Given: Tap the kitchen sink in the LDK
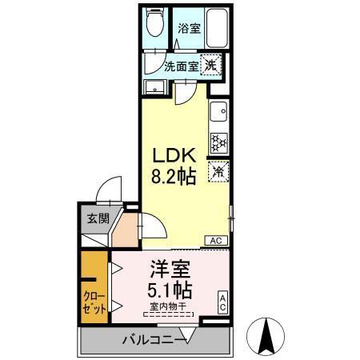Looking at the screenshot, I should click(218, 111).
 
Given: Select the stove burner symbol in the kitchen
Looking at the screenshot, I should click(218, 142).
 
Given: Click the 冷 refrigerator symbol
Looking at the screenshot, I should click(218, 170).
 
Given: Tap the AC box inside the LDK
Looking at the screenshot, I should click(215, 239).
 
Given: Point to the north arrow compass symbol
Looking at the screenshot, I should click(268, 337).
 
